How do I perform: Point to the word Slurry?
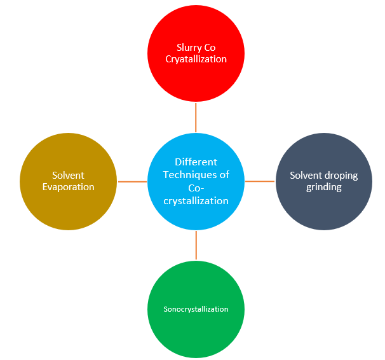tap(189, 47)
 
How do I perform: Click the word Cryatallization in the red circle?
tap(196, 59)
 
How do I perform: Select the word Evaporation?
tap(69, 187)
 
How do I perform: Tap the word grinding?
tap(324, 187)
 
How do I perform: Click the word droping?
tap(342, 176)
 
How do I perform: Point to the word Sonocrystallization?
tap(196, 309)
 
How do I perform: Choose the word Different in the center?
tap(196, 162)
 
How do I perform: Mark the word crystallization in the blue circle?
tap(196, 201)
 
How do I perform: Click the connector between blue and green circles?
tap(196, 246)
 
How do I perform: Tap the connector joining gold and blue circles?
tap(132, 182)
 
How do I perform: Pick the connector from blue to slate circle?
tap(260, 181)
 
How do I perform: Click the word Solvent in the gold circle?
tap(69, 176)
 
